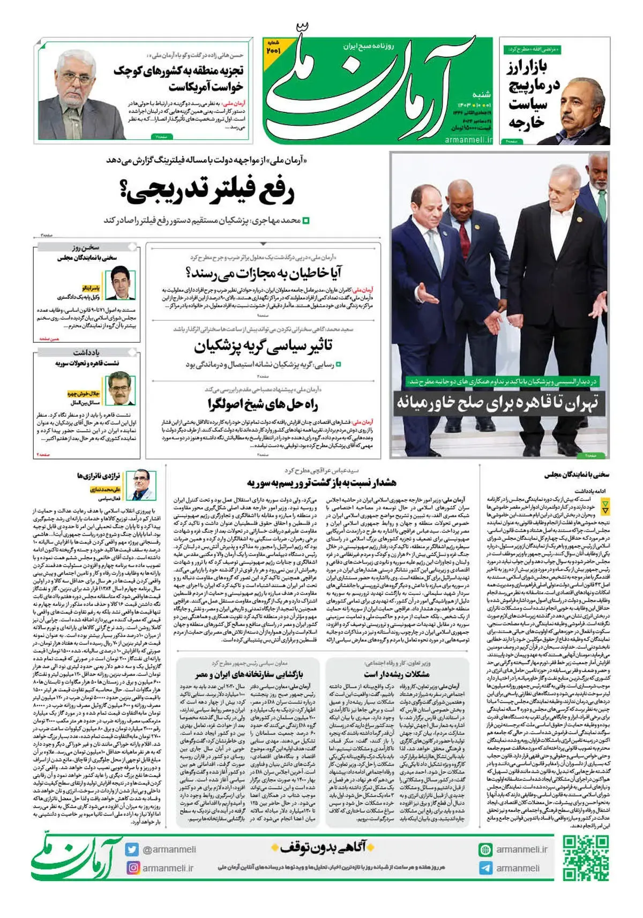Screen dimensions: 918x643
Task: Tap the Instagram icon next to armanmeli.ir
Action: click(x=132, y=868)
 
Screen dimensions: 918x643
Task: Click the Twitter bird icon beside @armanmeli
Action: click(x=132, y=849)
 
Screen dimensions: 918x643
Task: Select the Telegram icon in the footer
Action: click(x=485, y=868)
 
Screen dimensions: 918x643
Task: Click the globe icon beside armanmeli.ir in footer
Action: click(x=485, y=849)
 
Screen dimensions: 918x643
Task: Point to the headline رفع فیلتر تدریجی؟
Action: click(x=210, y=192)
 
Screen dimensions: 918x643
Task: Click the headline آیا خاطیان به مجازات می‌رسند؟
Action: click(x=264, y=273)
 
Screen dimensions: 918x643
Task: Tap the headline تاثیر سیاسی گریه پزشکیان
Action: click(x=263, y=345)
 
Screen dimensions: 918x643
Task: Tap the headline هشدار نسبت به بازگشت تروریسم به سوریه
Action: click(x=322, y=483)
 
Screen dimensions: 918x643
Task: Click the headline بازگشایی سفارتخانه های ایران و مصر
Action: click(x=249, y=674)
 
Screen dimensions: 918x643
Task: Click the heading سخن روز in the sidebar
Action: click(x=86, y=247)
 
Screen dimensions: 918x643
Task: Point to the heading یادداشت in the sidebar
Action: click(x=86, y=352)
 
